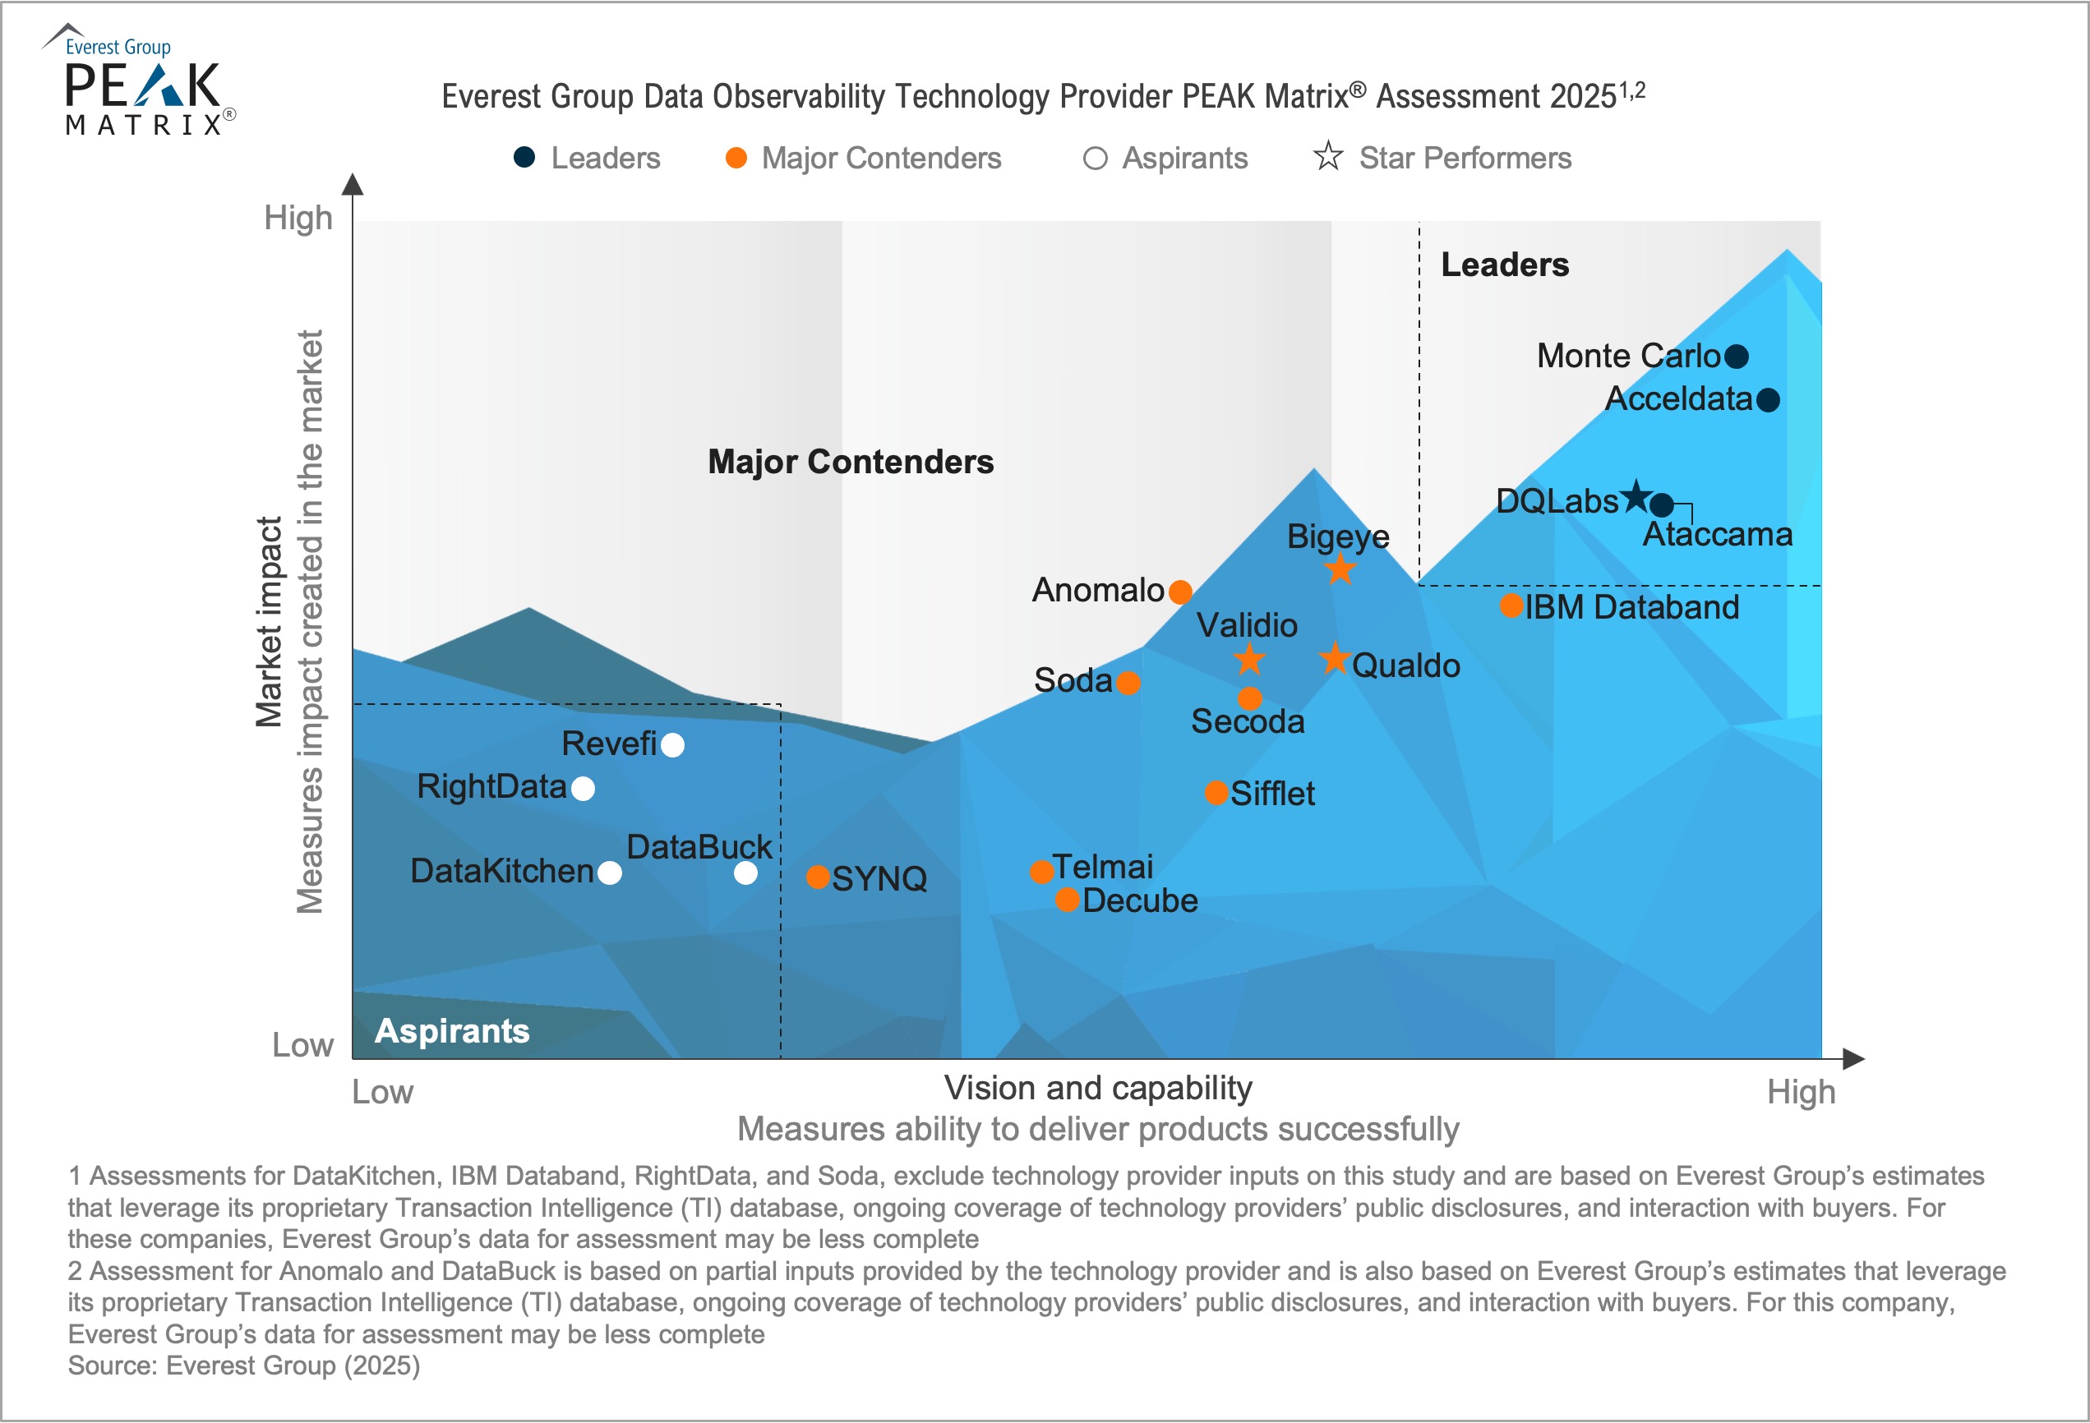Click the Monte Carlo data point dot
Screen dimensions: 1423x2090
click(x=1737, y=357)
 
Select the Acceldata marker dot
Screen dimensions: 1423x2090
click(x=1768, y=400)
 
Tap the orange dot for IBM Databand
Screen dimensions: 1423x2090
click(x=1511, y=606)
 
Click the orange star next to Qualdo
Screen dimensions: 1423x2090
click(x=1336, y=660)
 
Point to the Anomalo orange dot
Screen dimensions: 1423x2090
click(x=1180, y=592)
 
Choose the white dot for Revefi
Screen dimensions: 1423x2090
click(x=672, y=745)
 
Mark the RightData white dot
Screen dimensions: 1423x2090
click(x=583, y=789)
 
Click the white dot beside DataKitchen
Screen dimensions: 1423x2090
click(x=610, y=873)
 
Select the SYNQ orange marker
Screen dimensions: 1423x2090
click(x=818, y=877)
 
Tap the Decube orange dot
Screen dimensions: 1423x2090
click(x=1067, y=900)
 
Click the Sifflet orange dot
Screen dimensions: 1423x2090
click(x=1216, y=793)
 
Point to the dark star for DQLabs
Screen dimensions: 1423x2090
click(x=1636, y=495)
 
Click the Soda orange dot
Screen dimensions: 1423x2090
click(x=1128, y=684)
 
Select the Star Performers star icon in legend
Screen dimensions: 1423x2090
click(x=1327, y=157)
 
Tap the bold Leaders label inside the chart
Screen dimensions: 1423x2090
click(x=1505, y=265)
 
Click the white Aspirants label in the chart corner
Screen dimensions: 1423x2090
click(x=451, y=1031)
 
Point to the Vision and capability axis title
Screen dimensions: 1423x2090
click(x=1097, y=1089)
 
